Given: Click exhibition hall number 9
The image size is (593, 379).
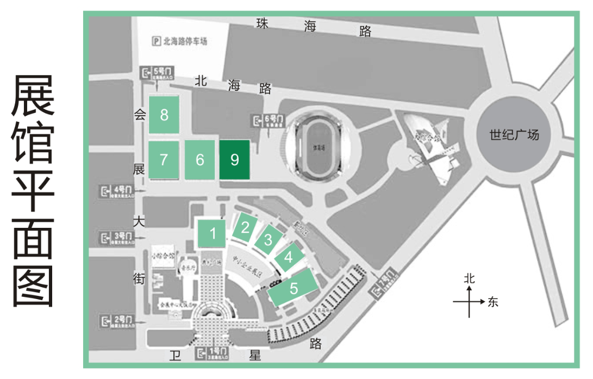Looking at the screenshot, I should pyautogui.click(x=235, y=160).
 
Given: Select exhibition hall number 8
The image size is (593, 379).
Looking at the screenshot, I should pyautogui.click(x=164, y=115).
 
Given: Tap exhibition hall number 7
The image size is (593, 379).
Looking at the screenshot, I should pyautogui.click(x=164, y=160).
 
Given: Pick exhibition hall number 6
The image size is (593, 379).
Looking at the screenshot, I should pyautogui.click(x=200, y=160).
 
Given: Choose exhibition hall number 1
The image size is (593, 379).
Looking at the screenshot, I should pyautogui.click(x=213, y=234).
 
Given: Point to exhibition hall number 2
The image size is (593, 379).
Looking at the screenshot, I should pyautogui.click(x=245, y=227).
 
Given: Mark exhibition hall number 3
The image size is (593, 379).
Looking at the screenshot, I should pyautogui.click(x=267, y=239).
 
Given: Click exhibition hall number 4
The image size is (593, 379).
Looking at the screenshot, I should pyautogui.click(x=289, y=257).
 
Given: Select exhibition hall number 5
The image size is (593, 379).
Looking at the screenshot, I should pyautogui.click(x=294, y=288).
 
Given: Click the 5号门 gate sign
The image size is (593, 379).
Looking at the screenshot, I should pyautogui.click(x=158, y=73).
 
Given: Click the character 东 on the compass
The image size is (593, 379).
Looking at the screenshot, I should pyautogui.click(x=493, y=302).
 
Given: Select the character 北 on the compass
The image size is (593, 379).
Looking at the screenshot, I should pyautogui.click(x=470, y=278).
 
